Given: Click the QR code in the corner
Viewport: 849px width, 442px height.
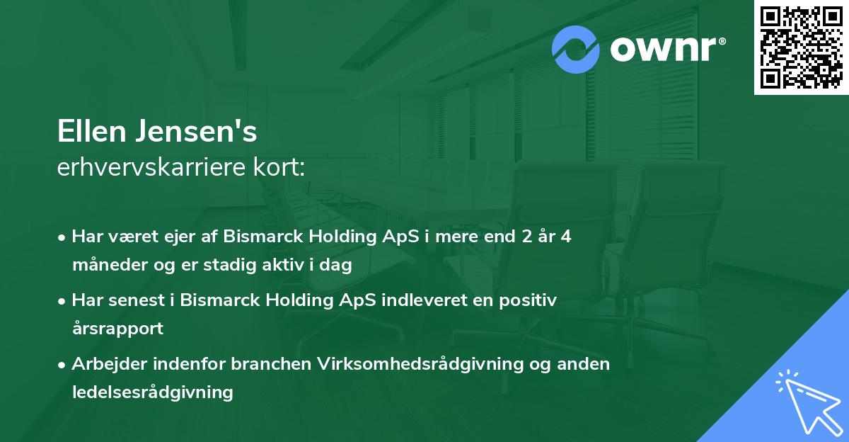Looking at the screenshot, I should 801,47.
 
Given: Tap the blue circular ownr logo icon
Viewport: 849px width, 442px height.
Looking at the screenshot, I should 576,49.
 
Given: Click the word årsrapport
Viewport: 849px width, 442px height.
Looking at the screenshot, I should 117,329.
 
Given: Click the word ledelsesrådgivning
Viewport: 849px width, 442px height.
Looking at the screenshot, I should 152,392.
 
